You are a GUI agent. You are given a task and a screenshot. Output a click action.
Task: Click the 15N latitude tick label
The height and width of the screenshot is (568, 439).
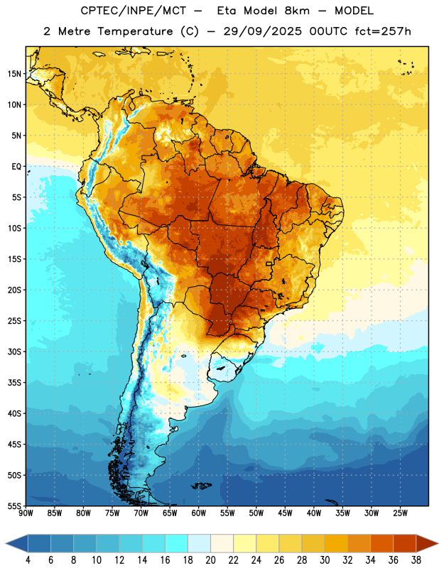[x=14, y=74]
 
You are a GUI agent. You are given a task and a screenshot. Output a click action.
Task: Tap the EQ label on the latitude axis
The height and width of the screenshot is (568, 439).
[x=16, y=167]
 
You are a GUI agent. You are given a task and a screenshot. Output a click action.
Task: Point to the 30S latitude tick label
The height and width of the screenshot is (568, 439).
[x=14, y=351]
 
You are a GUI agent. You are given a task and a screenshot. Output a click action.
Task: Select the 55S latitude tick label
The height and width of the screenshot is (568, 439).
[x=14, y=506]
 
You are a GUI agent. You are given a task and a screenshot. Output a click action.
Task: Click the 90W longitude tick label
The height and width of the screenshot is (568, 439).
[x=26, y=513]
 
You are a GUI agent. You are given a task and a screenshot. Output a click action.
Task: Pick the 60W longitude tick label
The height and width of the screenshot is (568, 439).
[x=199, y=513]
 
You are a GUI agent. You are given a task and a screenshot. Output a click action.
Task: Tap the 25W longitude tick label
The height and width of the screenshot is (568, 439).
[x=400, y=513]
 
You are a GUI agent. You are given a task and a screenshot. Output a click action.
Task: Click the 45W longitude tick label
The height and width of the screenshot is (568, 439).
[x=285, y=513]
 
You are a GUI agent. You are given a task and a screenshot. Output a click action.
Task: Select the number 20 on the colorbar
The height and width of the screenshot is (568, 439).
[x=210, y=560]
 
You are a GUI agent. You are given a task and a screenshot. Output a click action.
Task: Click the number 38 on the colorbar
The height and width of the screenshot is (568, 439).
[x=416, y=560]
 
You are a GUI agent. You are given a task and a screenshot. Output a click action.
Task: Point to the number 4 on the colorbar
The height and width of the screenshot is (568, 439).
[x=28, y=560]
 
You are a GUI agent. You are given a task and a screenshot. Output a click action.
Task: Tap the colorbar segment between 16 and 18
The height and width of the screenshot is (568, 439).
[x=177, y=543]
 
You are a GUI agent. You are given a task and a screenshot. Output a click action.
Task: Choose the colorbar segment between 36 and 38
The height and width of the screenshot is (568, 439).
[x=405, y=543]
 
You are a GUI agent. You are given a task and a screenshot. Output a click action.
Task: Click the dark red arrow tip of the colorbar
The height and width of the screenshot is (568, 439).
[x=437, y=543]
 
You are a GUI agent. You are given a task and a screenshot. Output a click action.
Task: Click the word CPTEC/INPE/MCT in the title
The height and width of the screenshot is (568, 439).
[x=134, y=11]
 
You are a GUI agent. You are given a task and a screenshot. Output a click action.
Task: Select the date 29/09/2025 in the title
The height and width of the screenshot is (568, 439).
[x=262, y=31]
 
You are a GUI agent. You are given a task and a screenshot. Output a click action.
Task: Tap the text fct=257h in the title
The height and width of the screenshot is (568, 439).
[x=383, y=31]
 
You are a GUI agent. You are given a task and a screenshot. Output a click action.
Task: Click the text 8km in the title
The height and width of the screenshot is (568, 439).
[x=297, y=11]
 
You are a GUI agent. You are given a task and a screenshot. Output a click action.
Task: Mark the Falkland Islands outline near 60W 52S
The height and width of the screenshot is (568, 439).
[x=202, y=486]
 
